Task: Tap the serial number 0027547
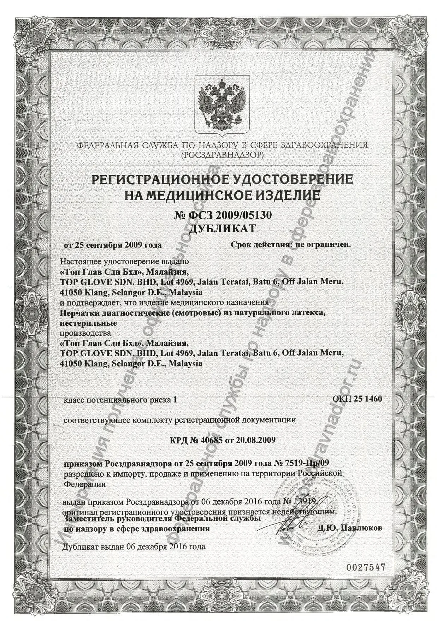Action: click(364, 567)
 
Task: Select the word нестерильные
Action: click(88, 323)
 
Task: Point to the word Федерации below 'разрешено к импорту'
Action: click(85, 484)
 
